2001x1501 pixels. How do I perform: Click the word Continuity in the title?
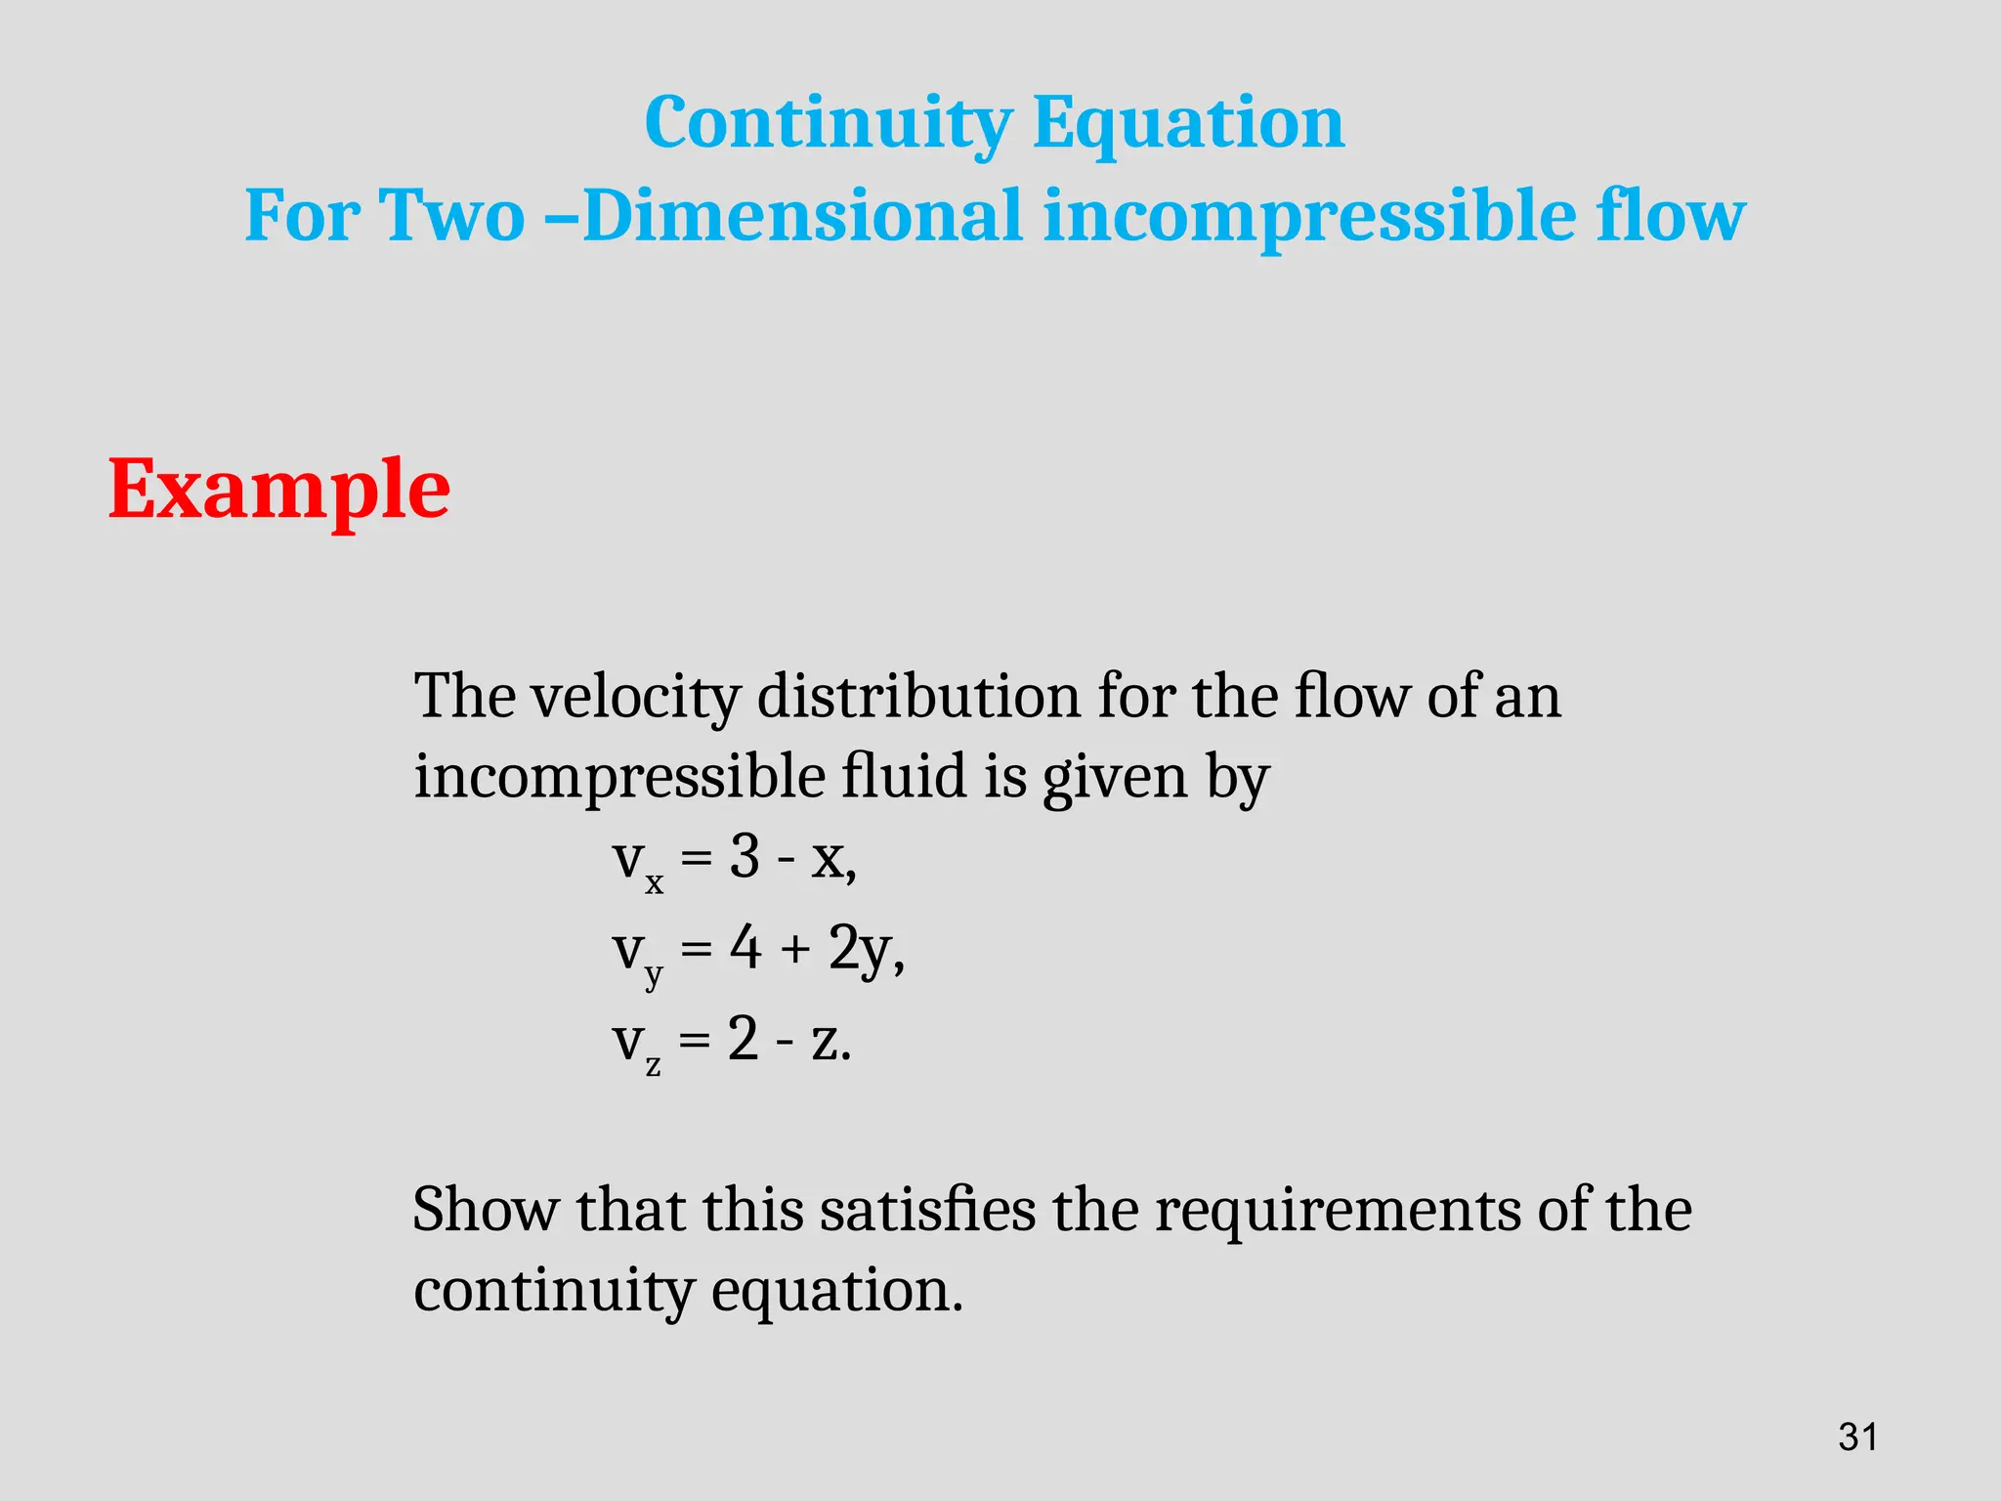pos(828,124)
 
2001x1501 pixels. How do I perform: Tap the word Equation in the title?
pos(1188,124)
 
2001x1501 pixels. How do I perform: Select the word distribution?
pos(918,697)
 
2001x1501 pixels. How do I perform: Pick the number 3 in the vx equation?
pos(745,858)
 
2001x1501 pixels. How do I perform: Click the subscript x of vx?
pos(654,883)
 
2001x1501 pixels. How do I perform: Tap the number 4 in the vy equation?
pos(745,948)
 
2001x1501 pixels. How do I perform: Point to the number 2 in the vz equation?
pos(744,1039)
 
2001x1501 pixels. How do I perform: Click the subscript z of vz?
pos(653,1065)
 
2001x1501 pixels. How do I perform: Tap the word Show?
pos(485,1210)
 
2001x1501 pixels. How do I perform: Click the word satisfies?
pos(926,1210)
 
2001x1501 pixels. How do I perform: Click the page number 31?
pos(1857,1437)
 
